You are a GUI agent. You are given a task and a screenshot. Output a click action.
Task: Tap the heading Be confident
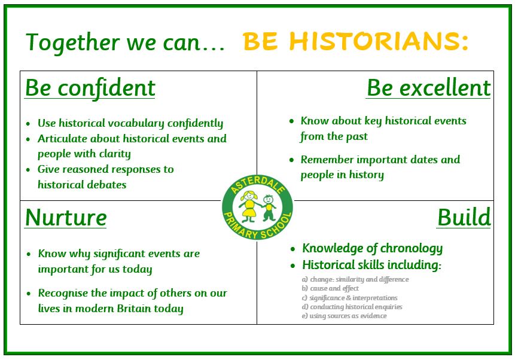(90, 88)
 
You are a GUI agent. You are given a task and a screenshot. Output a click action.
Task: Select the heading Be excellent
(429, 88)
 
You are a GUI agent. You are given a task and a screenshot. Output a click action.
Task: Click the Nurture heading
(66, 218)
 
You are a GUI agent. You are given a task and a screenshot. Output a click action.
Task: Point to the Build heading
(464, 217)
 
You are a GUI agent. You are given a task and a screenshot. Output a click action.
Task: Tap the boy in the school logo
(269, 208)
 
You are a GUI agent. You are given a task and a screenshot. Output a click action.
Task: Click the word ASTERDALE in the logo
(257, 185)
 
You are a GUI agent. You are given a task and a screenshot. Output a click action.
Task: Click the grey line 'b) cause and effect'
(330, 288)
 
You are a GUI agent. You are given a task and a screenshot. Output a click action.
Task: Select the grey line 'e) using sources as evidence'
(344, 316)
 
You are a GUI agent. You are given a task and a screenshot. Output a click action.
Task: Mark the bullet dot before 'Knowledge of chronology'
(293, 249)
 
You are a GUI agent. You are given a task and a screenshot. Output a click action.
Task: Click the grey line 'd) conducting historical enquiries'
(352, 307)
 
